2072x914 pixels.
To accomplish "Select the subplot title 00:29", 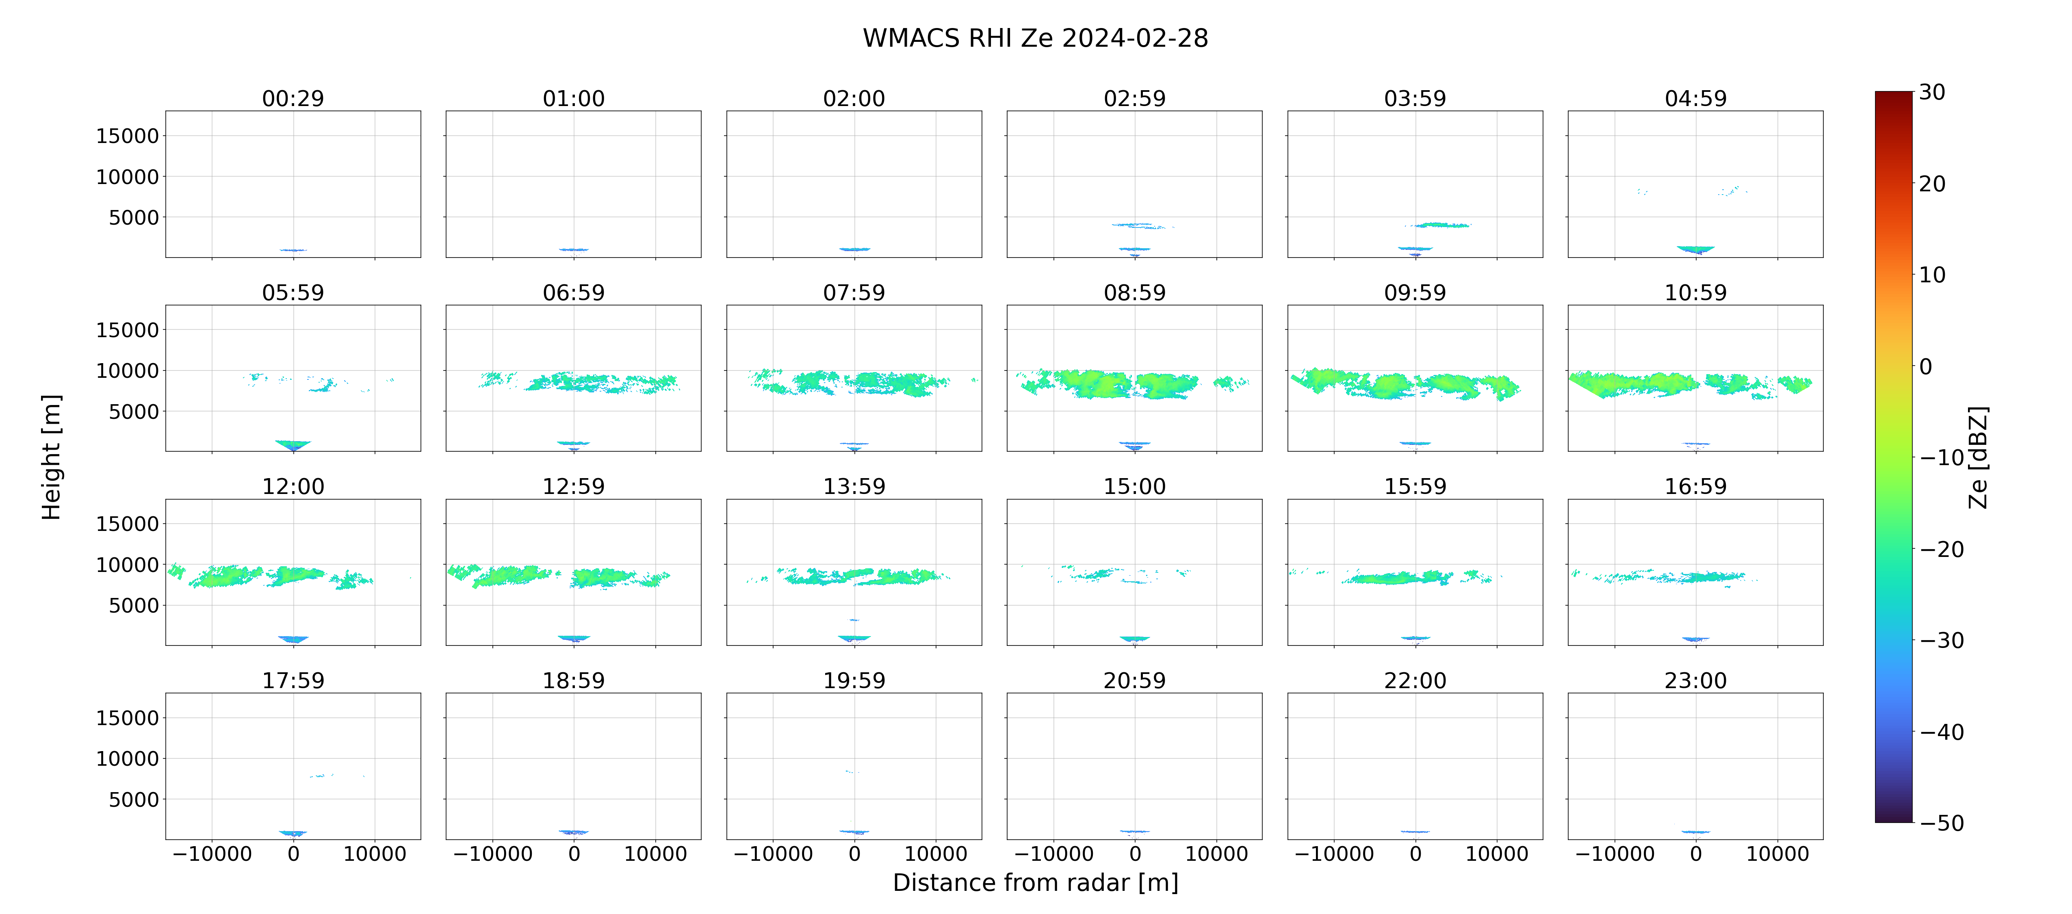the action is tap(293, 98).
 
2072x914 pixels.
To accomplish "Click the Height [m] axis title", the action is tap(51, 457).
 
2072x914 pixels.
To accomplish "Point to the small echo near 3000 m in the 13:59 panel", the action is tap(854, 619).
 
